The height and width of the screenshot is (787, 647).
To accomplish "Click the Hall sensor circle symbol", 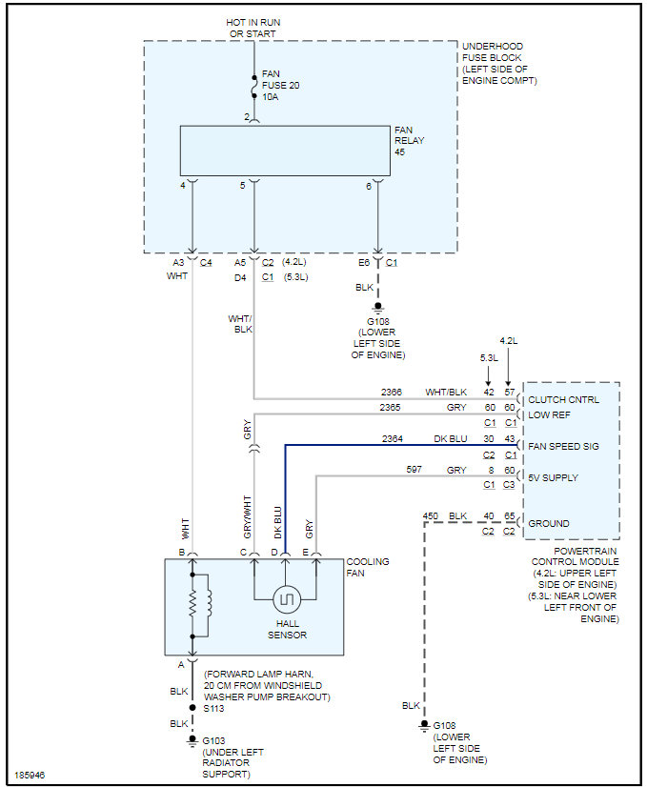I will click(286, 599).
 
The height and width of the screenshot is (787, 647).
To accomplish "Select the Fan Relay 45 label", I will click(409, 140).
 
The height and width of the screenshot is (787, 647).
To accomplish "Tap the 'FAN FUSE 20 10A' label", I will click(280, 86).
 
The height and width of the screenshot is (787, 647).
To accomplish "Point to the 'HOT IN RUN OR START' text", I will click(253, 28).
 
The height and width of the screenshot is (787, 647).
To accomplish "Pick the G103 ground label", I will click(213, 739).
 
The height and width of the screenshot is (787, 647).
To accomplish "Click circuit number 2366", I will click(392, 392).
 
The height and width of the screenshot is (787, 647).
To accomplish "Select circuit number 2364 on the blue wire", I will click(392, 437).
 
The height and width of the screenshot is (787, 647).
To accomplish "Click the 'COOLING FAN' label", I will click(368, 568).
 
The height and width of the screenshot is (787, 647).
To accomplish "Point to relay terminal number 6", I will click(369, 186).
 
